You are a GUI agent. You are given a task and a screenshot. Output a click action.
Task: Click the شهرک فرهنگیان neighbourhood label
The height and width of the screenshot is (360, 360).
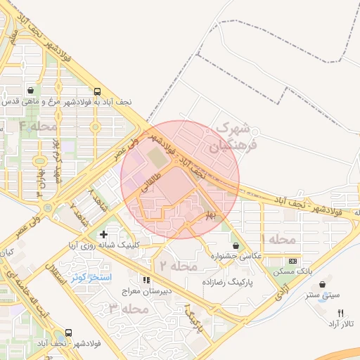tap(235, 137)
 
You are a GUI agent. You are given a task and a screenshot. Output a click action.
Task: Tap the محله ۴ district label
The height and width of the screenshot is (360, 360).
tap(37, 127)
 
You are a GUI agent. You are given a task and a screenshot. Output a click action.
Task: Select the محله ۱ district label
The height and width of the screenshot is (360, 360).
tap(278, 240)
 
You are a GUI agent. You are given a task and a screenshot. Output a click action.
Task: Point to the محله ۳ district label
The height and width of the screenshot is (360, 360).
tap(128, 309)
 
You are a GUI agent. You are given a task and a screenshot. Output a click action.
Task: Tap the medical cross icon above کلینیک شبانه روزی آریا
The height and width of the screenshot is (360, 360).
tap(104, 234)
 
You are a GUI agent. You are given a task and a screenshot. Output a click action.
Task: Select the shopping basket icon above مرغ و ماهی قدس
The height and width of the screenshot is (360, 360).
tap(31, 91)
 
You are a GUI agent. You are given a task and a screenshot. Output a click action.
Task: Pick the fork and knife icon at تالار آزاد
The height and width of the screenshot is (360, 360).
tap(342, 313)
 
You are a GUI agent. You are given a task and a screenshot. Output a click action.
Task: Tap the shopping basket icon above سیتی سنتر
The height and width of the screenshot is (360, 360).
tap(322, 284)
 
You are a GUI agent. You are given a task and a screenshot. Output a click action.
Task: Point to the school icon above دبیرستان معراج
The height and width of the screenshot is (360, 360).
tap(147, 280)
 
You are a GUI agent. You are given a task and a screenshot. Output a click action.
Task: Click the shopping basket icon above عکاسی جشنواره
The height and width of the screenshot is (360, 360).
tap(234, 245)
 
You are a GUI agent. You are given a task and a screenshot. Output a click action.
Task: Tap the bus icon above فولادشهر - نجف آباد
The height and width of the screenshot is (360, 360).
tap(68, 333)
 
